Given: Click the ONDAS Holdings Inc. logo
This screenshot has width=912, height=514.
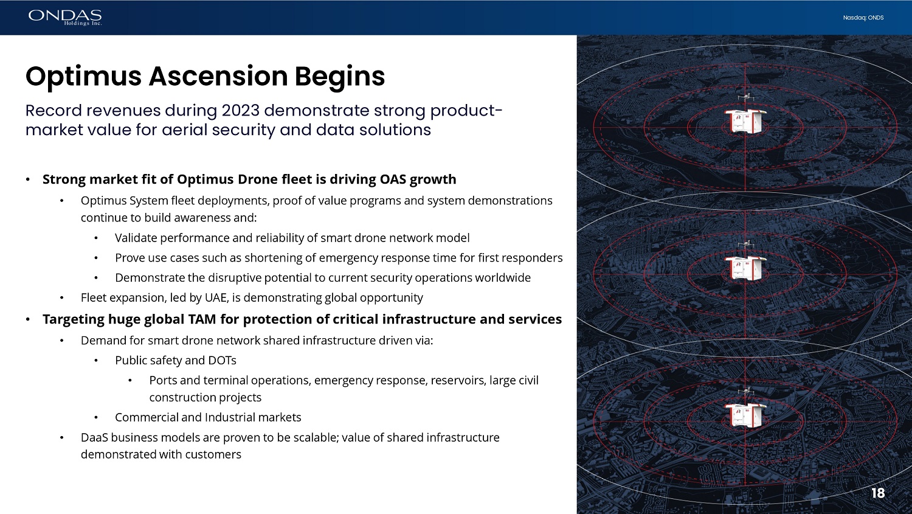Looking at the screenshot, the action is coord(65,18).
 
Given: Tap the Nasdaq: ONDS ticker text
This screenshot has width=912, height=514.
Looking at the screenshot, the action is coord(863,18).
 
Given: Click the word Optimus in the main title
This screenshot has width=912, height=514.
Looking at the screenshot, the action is coord(83,77).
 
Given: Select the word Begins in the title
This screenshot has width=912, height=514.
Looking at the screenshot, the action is coord(339,77).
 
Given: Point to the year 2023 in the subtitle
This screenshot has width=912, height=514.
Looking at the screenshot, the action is coord(240,110).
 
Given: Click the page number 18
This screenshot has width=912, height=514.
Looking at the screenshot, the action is coord(878,493).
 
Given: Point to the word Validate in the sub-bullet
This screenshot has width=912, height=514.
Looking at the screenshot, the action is coord(136,238).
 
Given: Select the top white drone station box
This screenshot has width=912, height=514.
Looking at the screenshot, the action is coord(745,121).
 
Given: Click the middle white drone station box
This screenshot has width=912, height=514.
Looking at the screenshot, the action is coord(745,268).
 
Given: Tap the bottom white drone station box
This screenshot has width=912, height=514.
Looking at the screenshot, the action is coord(745,415).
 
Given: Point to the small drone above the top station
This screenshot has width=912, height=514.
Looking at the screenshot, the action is coord(746,97).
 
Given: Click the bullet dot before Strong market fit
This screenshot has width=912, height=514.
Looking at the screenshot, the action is coord(28,179).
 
